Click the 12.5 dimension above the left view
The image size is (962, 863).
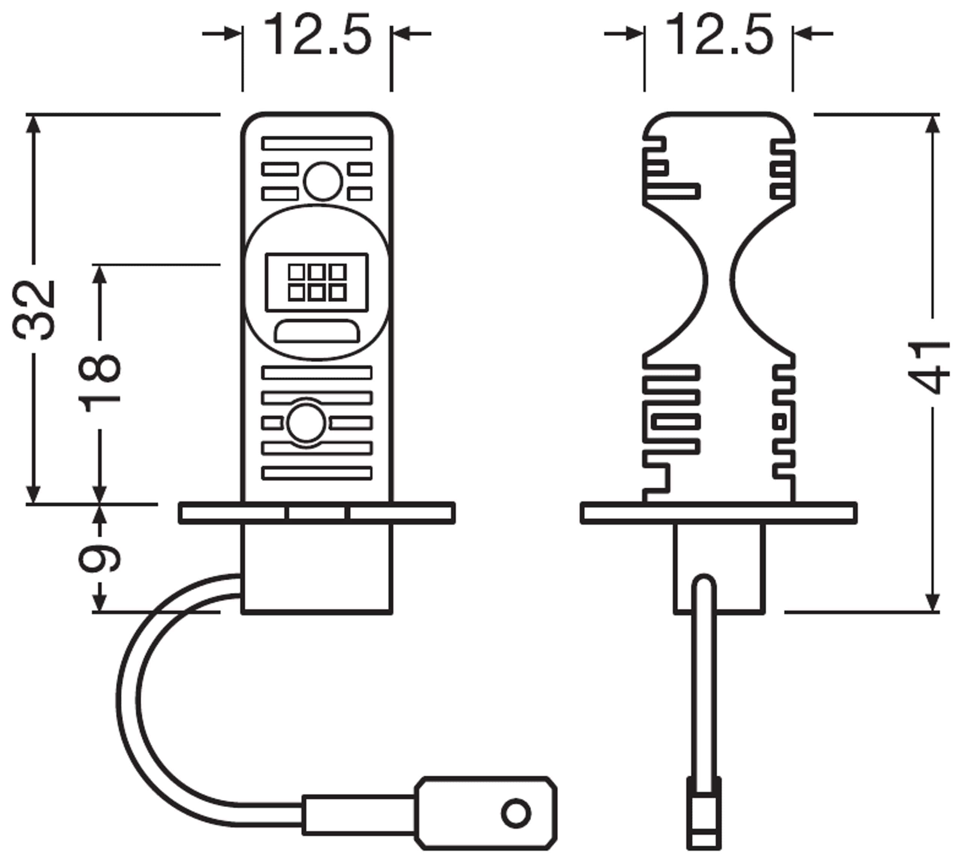coord(317,34)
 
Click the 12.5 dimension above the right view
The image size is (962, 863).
coord(719,34)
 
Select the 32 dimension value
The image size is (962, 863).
coord(34,310)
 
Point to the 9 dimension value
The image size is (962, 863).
coord(100,558)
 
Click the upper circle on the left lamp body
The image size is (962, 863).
coord(322,181)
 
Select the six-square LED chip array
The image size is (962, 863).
coord(317,283)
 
